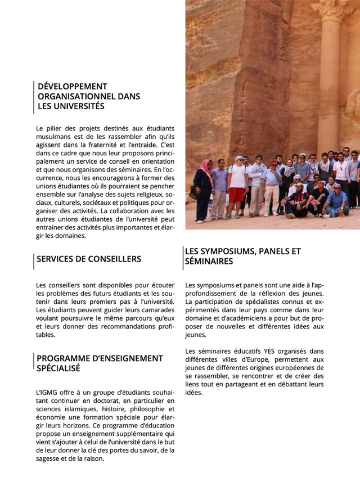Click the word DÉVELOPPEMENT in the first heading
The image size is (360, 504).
[x=72, y=87]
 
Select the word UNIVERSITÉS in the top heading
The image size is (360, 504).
[x=79, y=106]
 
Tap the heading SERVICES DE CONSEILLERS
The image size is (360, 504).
[x=89, y=259]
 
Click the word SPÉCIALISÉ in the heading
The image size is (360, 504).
[x=58, y=368]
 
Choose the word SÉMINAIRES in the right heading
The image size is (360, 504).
[x=209, y=262]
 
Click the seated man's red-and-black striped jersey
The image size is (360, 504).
[x=298, y=197]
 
